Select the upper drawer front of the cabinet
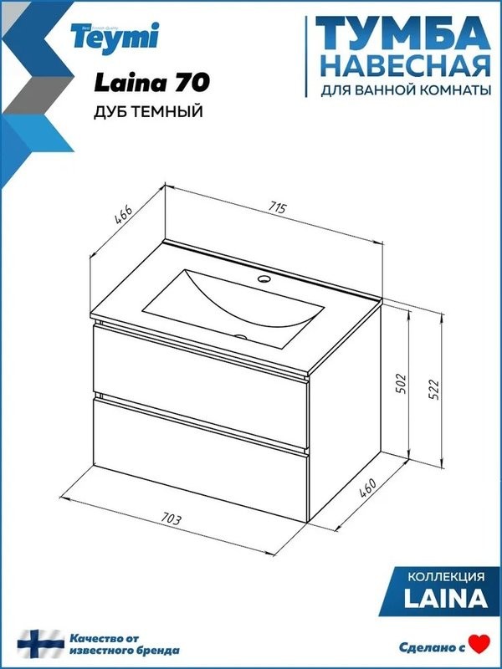coord(201,363)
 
